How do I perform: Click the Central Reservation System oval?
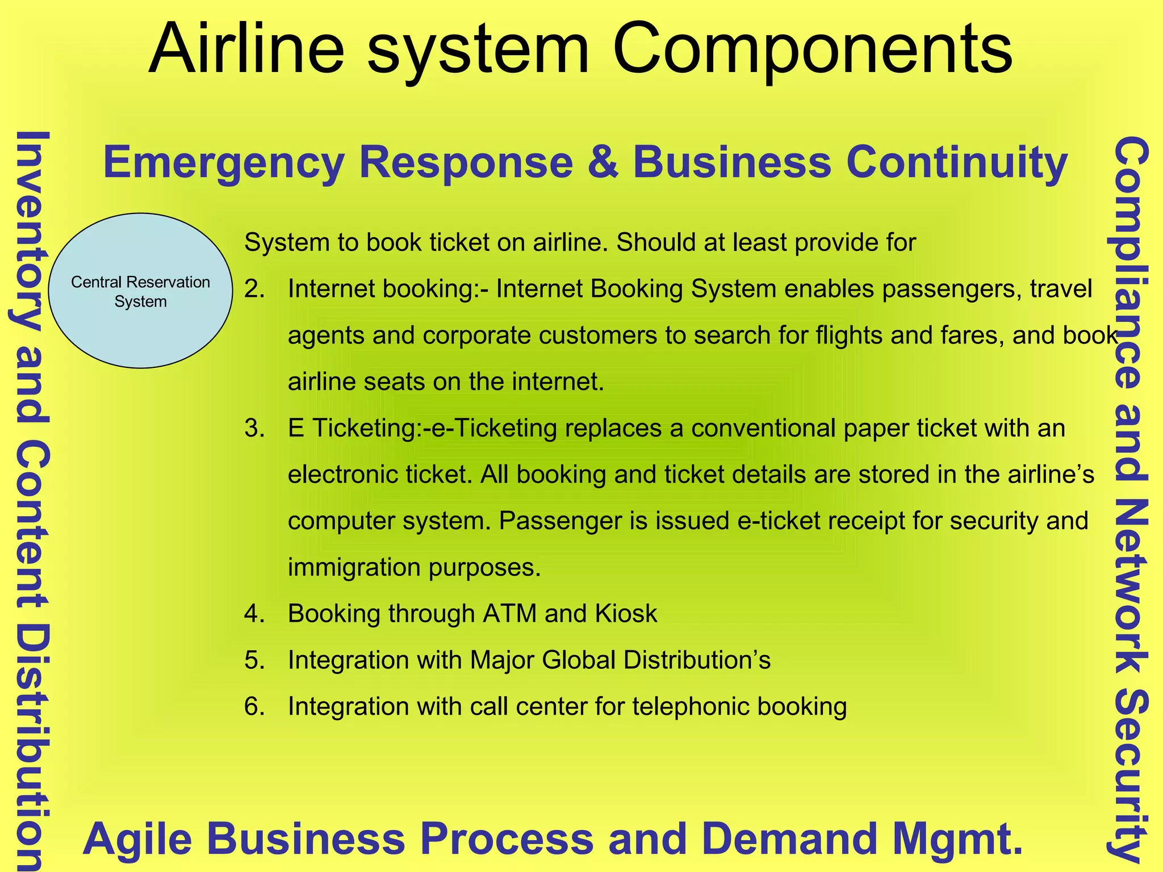click(140, 291)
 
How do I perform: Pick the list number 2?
click(254, 290)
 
